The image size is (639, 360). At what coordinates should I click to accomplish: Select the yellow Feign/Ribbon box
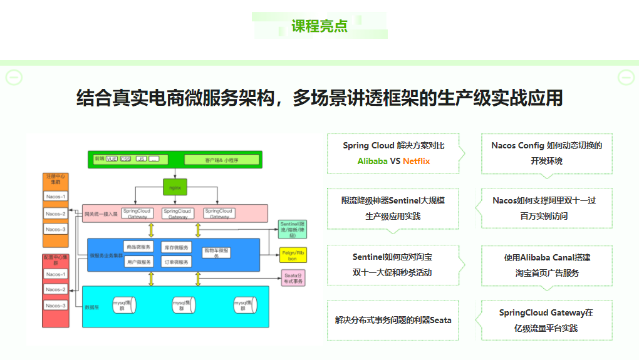pos(292,255)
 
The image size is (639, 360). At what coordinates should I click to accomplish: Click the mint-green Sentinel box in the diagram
pos(292,230)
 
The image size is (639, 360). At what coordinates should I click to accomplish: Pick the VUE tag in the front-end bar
pos(112,159)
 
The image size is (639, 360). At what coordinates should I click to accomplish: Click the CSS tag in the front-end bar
pos(126,159)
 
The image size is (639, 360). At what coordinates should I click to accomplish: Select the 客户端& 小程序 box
pos(221,160)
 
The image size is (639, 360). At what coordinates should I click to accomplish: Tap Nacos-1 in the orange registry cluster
pos(56,197)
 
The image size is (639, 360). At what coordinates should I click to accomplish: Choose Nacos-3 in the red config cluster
pos(56,306)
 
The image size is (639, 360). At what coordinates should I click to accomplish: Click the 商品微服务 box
pos(138,247)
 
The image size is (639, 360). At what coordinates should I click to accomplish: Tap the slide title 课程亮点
pos(319,26)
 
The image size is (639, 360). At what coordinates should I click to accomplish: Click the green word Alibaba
pos(372,161)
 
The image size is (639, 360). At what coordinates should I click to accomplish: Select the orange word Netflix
pos(416,161)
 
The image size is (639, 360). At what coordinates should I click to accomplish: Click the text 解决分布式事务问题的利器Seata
pos(393,320)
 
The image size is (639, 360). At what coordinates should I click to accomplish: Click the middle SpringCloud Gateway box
pos(178,213)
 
